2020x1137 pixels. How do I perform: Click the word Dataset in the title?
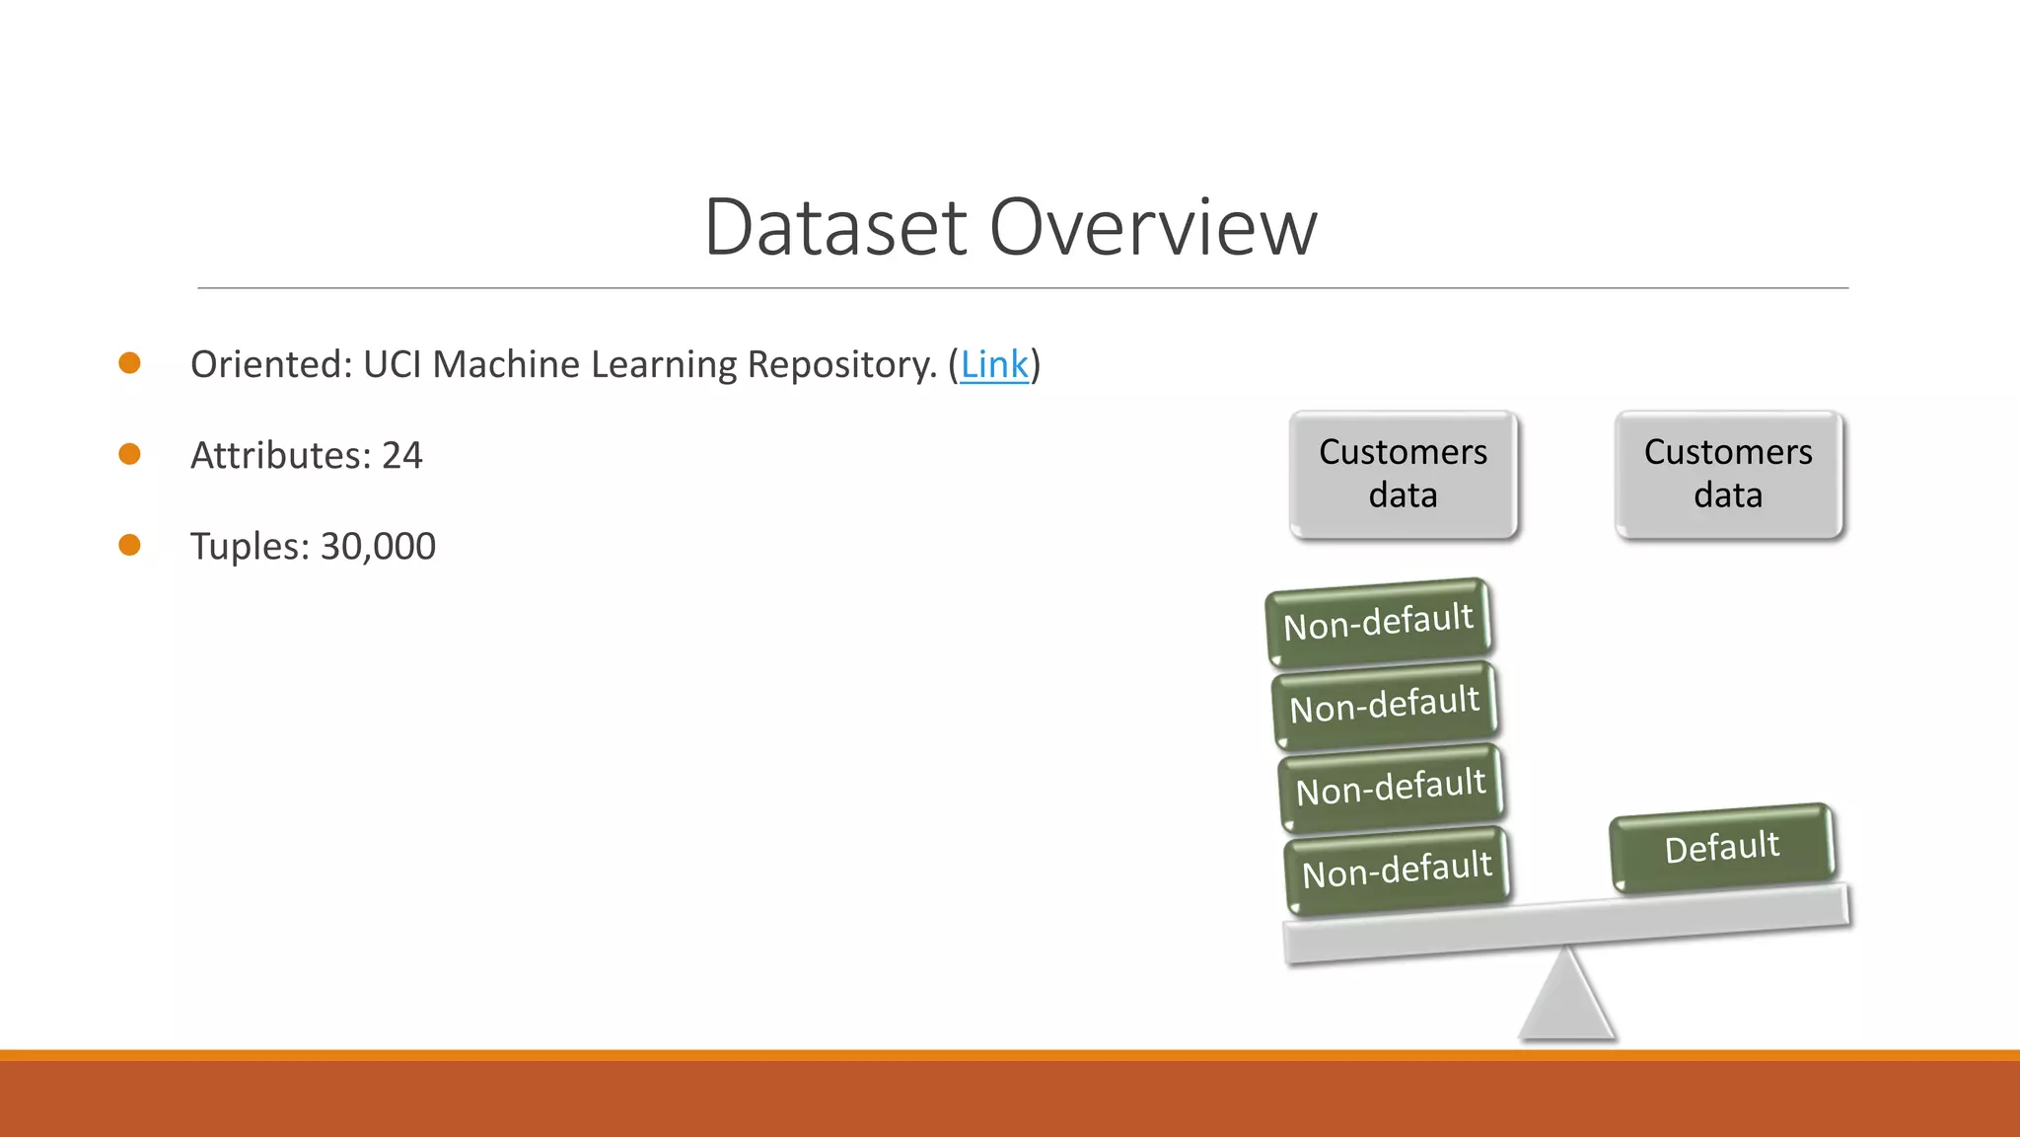point(836,228)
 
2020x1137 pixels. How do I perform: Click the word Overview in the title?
point(1153,228)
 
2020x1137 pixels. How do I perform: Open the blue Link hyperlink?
point(993,365)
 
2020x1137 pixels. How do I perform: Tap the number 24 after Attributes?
point(401,456)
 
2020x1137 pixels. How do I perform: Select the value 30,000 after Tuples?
point(378,547)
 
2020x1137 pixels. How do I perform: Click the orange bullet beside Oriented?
point(129,363)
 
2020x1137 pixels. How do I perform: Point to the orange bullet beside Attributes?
point(129,454)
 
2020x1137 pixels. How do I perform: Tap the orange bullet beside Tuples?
point(129,545)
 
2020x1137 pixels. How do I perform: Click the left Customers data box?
point(1403,475)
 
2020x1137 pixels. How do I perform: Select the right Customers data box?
point(1728,475)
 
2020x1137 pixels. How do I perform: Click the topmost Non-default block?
point(1378,623)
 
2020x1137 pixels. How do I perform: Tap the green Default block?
point(1722,848)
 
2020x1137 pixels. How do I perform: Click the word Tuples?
point(250,547)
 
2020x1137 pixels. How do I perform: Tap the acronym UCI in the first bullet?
point(393,365)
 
